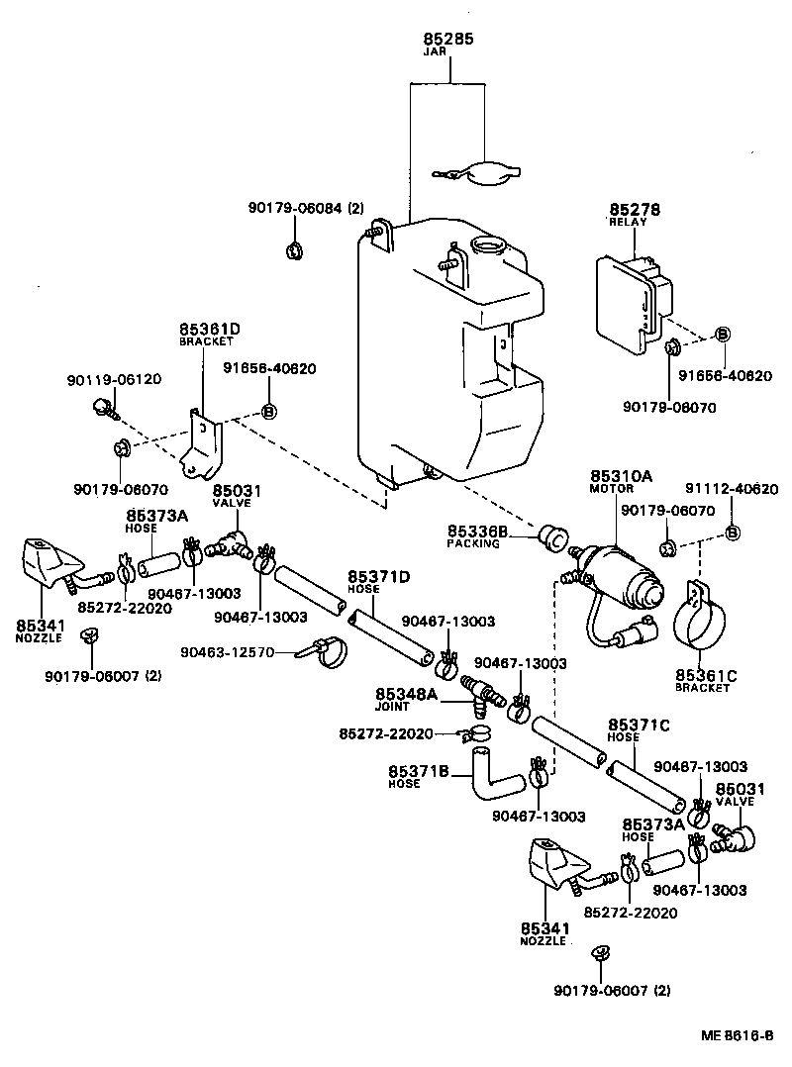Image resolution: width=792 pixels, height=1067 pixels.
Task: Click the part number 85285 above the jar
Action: pos(448,40)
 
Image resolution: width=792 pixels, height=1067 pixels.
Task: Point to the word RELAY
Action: pos(628,223)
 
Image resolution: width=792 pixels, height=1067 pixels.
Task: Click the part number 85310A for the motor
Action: pos(622,476)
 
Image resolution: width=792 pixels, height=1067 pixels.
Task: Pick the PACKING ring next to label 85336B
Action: pos(551,538)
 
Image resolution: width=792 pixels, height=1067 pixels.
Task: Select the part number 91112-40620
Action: pos(732,488)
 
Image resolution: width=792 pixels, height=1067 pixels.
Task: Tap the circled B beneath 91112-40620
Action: pos(733,533)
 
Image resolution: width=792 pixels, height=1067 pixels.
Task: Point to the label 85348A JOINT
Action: pos(406,699)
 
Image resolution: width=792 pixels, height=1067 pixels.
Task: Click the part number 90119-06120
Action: pos(114,379)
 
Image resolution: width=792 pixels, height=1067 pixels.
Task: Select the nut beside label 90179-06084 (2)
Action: pos(294,249)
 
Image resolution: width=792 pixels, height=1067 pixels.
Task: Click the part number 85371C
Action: pos(639,726)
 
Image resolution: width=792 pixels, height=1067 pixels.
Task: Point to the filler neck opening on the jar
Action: pos(489,245)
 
